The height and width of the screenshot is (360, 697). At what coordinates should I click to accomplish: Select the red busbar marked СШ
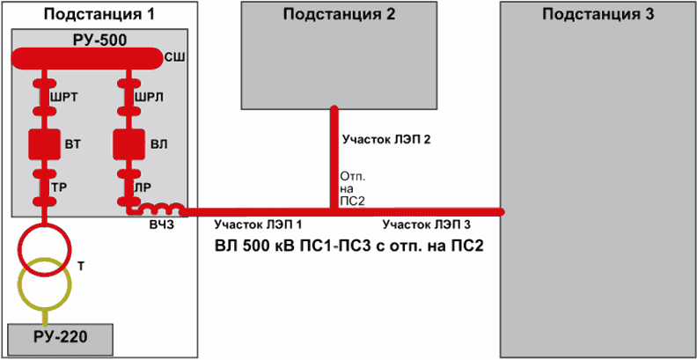coord(88,58)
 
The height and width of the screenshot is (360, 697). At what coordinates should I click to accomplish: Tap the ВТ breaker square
coord(40,143)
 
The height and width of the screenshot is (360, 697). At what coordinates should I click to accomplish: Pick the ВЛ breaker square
coord(128,143)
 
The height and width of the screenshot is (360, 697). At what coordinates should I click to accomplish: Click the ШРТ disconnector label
coord(64,98)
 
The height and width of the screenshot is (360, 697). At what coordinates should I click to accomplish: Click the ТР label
coord(60,187)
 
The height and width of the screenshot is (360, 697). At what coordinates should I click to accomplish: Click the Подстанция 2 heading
coord(340,14)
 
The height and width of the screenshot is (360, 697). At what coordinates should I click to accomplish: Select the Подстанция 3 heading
coord(598,14)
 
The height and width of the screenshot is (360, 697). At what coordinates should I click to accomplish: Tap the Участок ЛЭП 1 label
coord(258,224)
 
